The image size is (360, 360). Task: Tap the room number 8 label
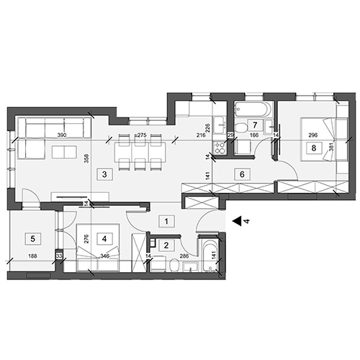click(314, 148)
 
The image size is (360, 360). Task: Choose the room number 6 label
click(242, 174)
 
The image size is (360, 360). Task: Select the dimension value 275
click(142, 135)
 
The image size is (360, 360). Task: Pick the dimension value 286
click(184, 256)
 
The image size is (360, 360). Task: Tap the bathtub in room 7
click(251, 110)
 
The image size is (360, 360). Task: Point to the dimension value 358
click(86, 161)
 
